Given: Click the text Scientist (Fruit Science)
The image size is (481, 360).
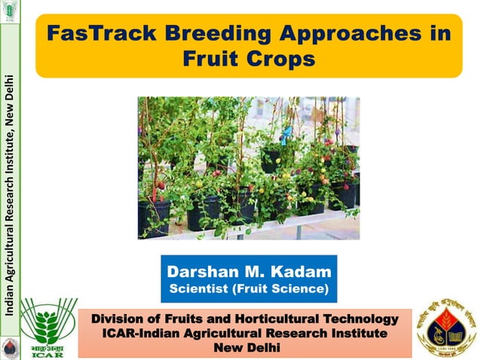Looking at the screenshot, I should click(248, 289).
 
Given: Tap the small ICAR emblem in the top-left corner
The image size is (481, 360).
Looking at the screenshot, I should click(9, 11).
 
